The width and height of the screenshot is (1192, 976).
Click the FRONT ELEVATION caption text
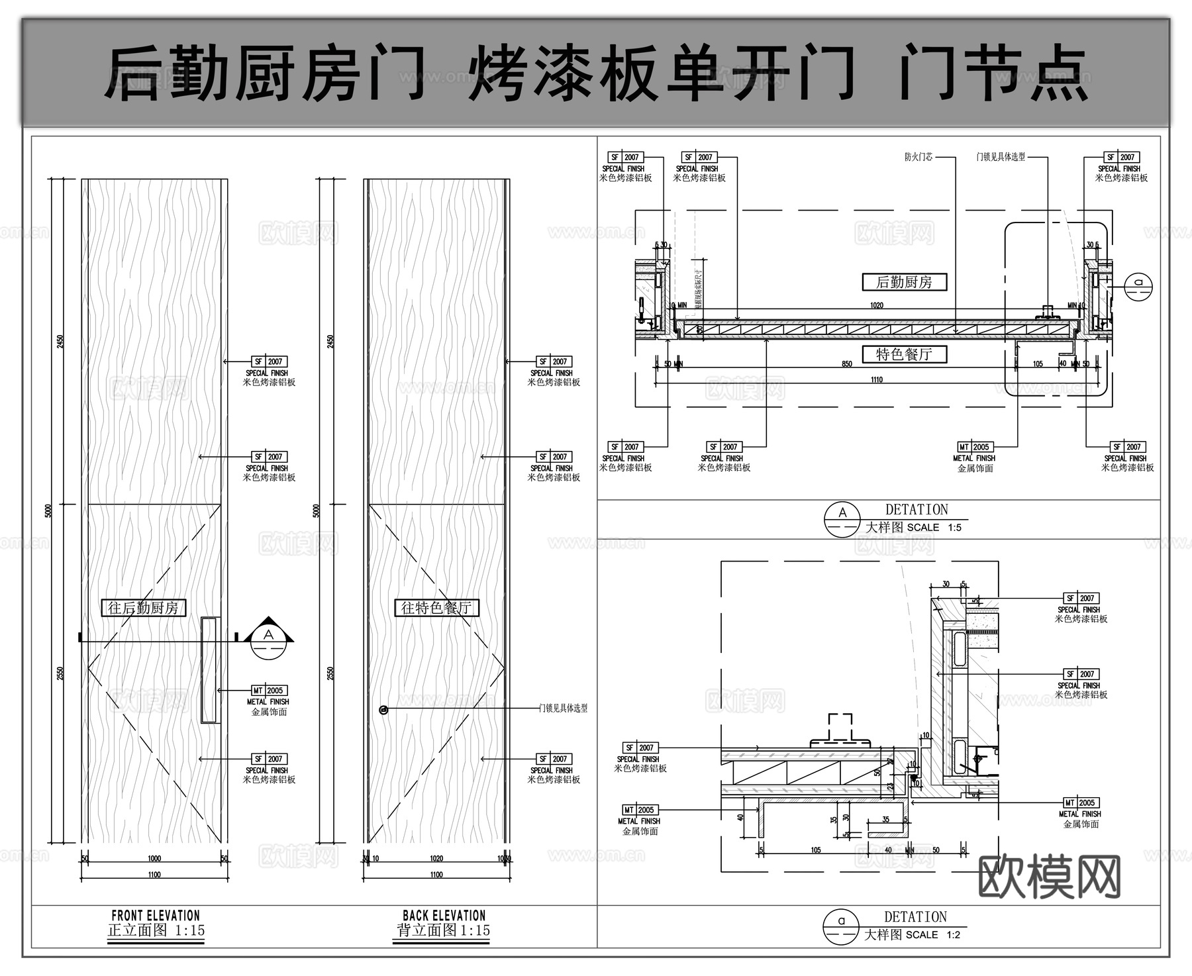[x=156, y=916]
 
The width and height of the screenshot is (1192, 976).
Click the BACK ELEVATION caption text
[x=444, y=916]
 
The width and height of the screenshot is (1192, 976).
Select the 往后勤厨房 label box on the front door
[x=144, y=608]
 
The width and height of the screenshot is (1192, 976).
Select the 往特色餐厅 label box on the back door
[x=436, y=608]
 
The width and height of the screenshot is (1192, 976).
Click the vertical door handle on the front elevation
[x=210, y=669]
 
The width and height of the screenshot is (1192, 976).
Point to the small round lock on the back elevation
[x=383, y=710]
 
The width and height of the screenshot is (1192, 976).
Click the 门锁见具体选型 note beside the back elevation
[x=563, y=708]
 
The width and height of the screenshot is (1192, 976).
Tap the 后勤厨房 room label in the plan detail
[x=904, y=282]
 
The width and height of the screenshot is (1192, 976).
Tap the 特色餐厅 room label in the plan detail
[x=904, y=355]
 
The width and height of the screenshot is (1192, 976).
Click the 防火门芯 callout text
[x=919, y=157]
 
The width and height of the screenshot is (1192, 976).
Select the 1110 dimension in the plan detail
[x=876, y=380]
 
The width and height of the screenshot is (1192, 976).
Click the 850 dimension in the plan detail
[x=846, y=364]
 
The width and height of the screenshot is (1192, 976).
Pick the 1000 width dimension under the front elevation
[x=154, y=858]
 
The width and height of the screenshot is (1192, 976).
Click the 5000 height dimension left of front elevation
[x=48, y=511]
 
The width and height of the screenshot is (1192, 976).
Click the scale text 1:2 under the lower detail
[x=953, y=935]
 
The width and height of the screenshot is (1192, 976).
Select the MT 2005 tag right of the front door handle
[x=268, y=690]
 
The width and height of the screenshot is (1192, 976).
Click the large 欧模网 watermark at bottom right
[x=1049, y=876]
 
